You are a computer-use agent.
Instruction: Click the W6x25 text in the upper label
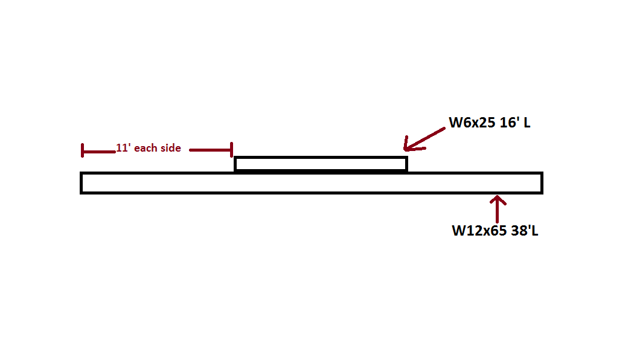click(472, 123)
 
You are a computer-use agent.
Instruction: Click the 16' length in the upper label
click(509, 122)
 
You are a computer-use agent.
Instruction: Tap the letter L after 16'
click(527, 123)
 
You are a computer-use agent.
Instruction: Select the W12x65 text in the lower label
click(479, 231)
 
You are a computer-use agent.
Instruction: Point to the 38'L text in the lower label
click(525, 231)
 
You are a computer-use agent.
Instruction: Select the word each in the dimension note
click(146, 148)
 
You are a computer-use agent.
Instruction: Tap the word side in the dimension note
click(171, 148)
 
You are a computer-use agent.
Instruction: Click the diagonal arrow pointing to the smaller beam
click(424, 140)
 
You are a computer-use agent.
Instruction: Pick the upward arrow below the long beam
click(498, 209)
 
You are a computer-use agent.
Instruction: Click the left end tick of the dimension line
click(83, 150)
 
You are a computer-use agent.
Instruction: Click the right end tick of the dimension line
click(232, 149)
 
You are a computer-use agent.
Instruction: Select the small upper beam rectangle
click(321, 164)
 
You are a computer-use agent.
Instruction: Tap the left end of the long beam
click(82, 183)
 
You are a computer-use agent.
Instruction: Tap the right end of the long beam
click(542, 183)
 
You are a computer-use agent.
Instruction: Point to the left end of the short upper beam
click(235, 164)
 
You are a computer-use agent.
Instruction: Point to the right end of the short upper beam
click(407, 164)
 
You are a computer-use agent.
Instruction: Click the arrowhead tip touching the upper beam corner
click(405, 150)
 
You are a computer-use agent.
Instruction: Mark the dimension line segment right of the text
click(211, 150)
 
